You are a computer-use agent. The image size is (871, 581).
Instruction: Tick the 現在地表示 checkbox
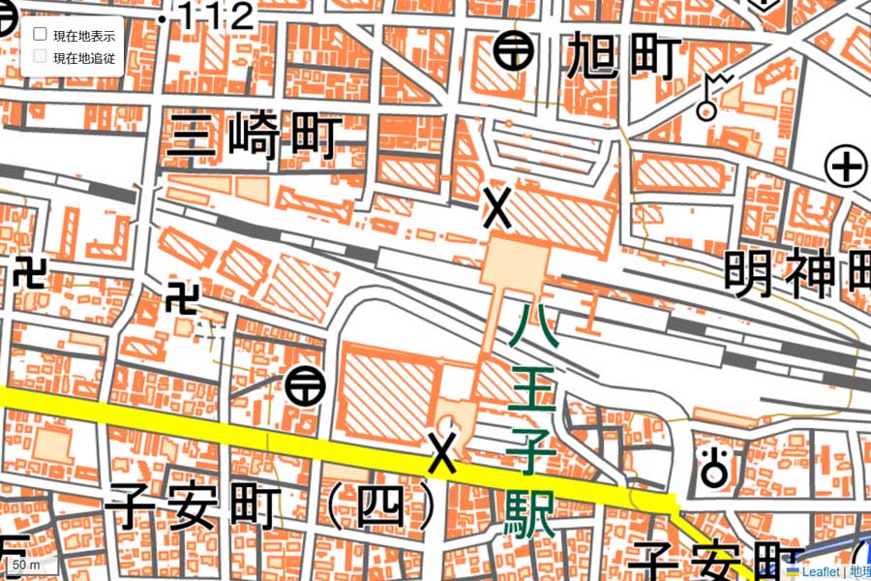pos(41,35)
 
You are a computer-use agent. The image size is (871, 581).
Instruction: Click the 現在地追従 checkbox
pos(41,57)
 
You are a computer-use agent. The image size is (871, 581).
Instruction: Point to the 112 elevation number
pos(219,15)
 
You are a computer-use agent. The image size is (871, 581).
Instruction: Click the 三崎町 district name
pos(254,137)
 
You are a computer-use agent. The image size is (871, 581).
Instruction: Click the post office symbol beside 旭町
pos(514,50)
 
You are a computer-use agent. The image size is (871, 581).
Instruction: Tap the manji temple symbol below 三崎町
pos(181,298)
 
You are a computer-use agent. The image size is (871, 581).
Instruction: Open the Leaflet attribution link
pos(819,572)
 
